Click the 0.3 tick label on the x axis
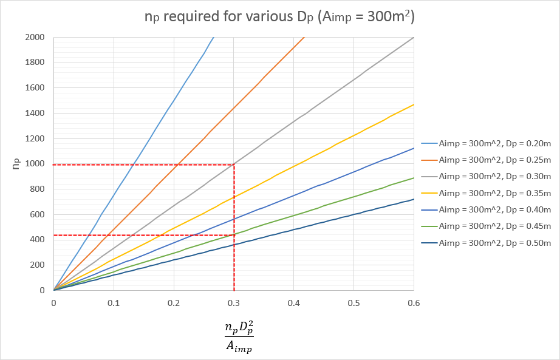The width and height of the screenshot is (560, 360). [234, 302]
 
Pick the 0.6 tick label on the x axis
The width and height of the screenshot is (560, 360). [414, 302]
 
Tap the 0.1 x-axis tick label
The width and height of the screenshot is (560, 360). [114, 302]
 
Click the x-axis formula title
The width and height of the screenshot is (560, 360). [238, 337]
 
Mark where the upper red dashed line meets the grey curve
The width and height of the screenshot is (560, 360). [234, 164]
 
